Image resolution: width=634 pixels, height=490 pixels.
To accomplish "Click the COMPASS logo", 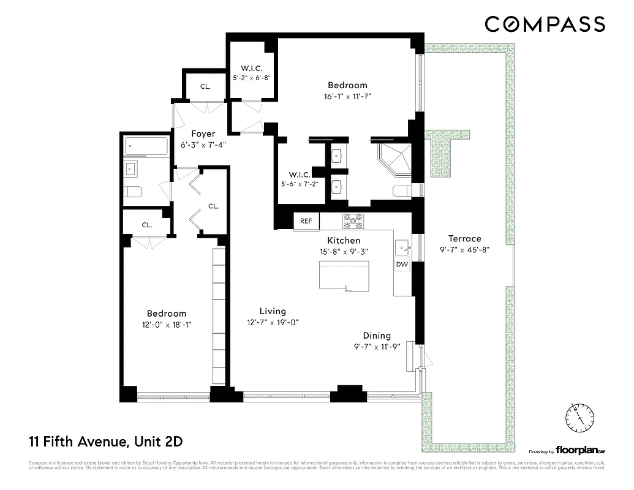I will (x=545, y=24).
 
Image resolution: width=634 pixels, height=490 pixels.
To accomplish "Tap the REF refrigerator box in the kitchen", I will (x=306, y=221).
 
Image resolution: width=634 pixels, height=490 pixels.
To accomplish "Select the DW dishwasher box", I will (x=402, y=264).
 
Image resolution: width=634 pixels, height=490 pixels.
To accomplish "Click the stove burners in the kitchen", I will (x=353, y=221).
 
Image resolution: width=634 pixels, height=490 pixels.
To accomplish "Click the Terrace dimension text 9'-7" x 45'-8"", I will (x=464, y=250).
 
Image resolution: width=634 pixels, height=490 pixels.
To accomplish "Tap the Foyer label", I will (x=203, y=134).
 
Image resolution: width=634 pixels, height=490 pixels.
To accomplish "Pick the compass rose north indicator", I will (x=578, y=418).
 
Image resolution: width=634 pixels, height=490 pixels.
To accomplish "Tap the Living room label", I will (x=272, y=311).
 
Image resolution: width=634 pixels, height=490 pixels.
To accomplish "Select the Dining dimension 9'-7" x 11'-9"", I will (x=377, y=346).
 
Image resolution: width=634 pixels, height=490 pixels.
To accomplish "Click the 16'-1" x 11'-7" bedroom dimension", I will (x=347, y=96).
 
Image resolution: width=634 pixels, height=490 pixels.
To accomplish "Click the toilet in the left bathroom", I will (x=133, y=192).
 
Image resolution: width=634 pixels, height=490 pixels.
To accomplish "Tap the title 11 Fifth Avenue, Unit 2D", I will (x=106, y=441).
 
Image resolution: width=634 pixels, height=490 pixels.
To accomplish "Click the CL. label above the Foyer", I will (x=205, y=87).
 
